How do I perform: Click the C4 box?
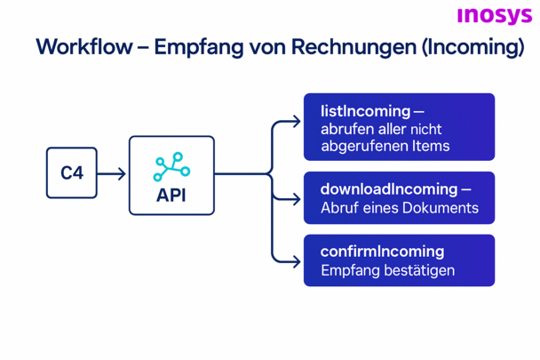(x=72, y=172)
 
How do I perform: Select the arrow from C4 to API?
(x=112, y=173)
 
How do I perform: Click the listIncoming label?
(x=366, y=112)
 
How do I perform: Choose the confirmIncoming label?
(x=382, y=252)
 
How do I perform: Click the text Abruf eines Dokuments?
(x=399, y=209)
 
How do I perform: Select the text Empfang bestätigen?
(x=387, y=270)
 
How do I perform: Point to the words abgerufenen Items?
(x=385, y=147)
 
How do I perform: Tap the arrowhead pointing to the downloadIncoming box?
(x=296, y=198)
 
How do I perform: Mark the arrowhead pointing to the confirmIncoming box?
(x=296, y=261)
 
